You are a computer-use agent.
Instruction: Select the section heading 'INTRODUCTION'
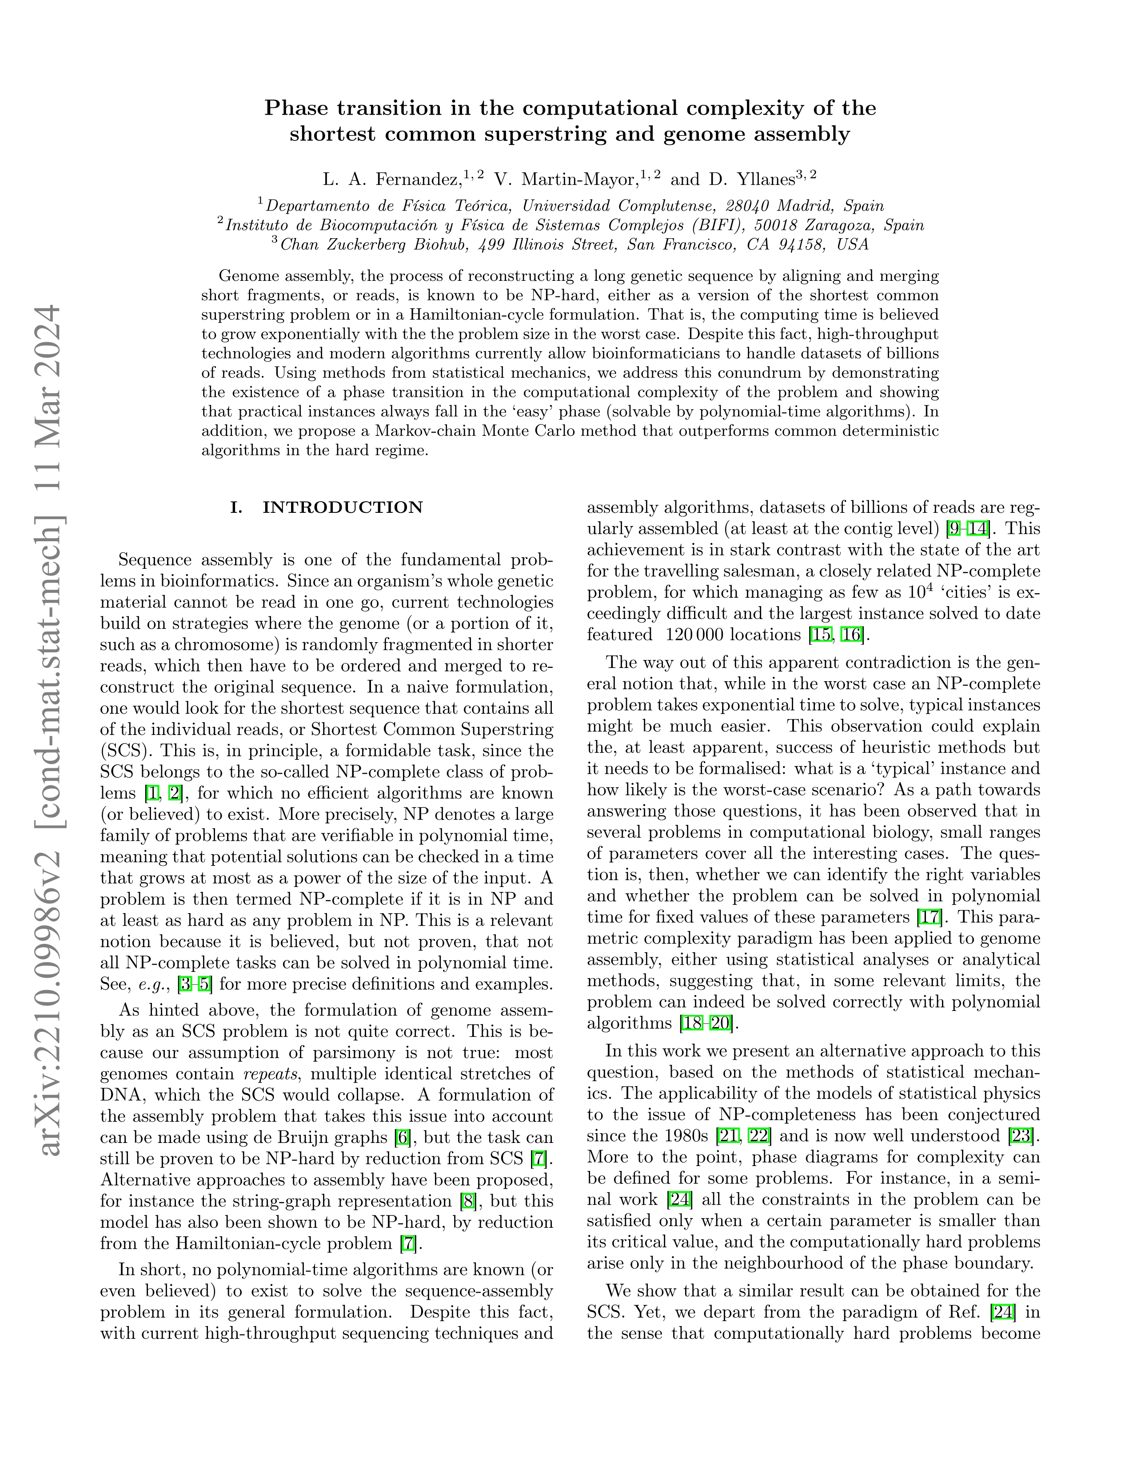pyautogui.click(x=342, y=507)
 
